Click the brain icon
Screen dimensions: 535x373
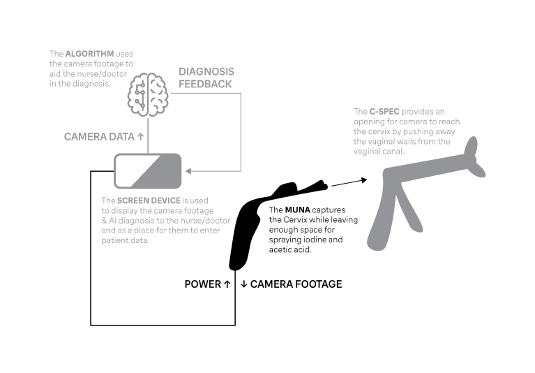click(148, 94)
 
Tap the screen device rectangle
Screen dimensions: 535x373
click(148, 171)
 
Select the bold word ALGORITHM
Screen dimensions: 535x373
click(89, 54)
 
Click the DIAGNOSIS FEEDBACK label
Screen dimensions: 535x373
click(206, 78)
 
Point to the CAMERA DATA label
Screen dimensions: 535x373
click(99, 137)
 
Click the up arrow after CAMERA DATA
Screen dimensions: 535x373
click(141, 137)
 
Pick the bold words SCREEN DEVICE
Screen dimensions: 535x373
click(149, 200)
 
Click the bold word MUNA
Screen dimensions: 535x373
click(298, 210)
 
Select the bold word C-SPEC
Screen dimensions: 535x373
click(384, 112)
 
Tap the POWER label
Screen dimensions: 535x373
click(203, 284)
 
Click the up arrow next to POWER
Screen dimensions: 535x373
click(227, 284)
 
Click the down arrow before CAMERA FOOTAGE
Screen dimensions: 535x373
click(243, 284)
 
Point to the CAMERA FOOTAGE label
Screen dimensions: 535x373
click(296, 284)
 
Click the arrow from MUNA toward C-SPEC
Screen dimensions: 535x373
click(349, 182)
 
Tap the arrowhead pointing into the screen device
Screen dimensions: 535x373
click(188, 171)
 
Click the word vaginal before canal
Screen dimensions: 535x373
click(366, 152)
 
